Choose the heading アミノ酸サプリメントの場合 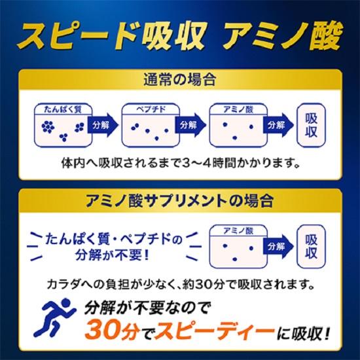click(180, 198)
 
